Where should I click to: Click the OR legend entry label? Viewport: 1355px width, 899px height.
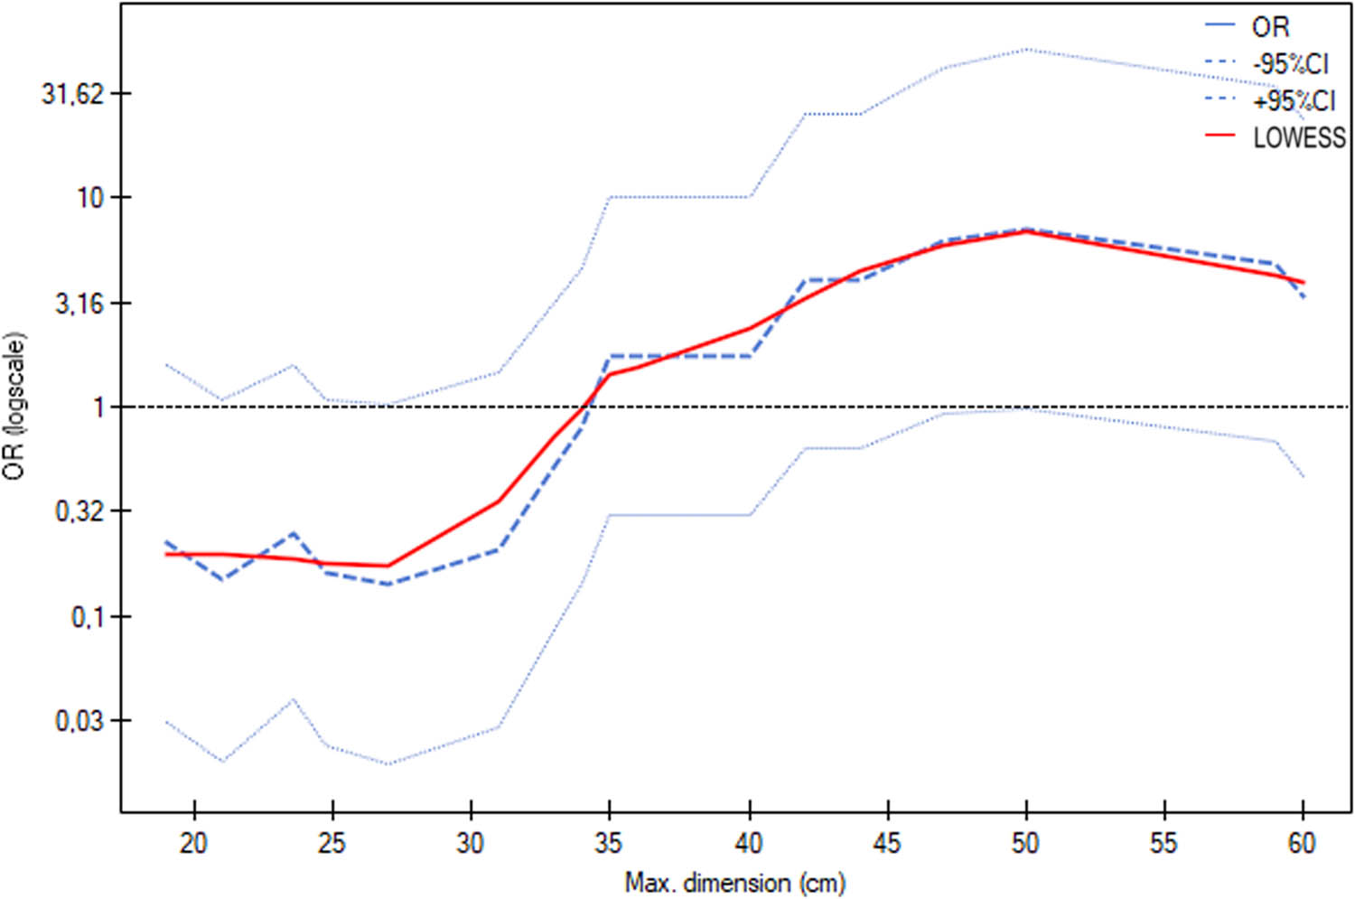1270,27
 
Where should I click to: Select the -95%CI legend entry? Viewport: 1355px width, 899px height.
1290,64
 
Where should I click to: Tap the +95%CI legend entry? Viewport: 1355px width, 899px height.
1294,101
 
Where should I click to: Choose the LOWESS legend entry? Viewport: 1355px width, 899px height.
1299,137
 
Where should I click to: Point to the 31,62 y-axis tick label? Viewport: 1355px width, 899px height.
72,93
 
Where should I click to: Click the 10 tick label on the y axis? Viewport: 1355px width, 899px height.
90,197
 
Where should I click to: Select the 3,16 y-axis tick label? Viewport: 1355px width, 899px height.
79,303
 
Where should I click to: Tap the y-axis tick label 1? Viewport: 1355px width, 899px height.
98,407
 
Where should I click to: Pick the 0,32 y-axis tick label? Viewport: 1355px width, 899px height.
79,511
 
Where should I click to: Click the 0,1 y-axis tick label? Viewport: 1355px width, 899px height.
86,616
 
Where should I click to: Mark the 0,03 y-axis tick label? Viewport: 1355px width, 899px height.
79,721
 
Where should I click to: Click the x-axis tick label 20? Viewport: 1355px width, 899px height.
193,843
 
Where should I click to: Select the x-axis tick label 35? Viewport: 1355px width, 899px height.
610,843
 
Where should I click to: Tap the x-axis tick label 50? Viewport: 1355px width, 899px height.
1025,843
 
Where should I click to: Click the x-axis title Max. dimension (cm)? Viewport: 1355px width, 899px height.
734,882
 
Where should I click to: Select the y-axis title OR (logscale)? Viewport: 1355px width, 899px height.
15,406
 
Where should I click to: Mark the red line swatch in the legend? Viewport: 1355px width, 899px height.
1220,136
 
